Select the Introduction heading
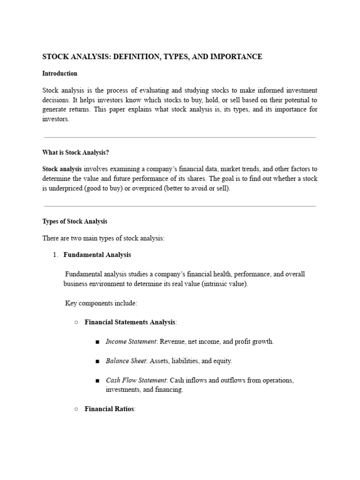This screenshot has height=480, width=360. [x=60, y=74]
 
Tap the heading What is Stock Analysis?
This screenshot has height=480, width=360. [x=75, y=152]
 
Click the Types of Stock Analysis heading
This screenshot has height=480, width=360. [x=75, y=221]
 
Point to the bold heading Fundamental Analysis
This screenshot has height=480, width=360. [x=97, y=255]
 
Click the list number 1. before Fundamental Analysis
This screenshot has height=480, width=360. [x=55, y=255]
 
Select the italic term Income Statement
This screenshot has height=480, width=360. [x=131, y=342]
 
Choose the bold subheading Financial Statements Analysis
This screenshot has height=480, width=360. [x=130, y=322]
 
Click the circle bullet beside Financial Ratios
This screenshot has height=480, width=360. [x=76, y=409]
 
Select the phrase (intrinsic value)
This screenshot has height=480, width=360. [x=224, y=284]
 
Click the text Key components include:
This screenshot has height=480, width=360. [x=101, y=303]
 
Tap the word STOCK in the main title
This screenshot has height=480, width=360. [x=54, y=57]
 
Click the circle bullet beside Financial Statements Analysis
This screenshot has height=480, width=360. [x=76, y=322]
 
